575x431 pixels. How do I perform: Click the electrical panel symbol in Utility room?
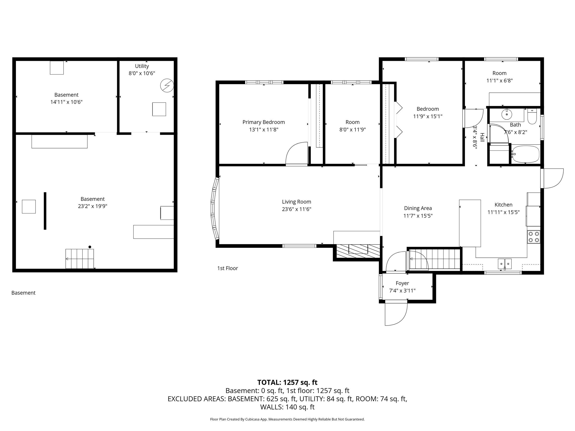(x=167, y=86)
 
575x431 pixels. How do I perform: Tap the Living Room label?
(x=297, y=202)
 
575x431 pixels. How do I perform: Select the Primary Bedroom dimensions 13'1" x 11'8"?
(x=264, y=129)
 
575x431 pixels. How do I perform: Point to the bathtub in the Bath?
(x=525, y=154)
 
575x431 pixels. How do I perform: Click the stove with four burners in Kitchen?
(x=534, y=237)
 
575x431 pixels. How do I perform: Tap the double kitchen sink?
(x=505, y=264)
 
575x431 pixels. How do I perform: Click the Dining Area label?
(x=418, y=208)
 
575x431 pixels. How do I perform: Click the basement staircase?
(x=80, y=259)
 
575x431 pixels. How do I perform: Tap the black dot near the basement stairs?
(x=90, y=247)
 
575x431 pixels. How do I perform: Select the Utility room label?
(x=142, y=66)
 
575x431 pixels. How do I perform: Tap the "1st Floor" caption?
(x=228, y=268)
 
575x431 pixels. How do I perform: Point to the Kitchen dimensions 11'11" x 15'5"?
(x=504, y=212)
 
